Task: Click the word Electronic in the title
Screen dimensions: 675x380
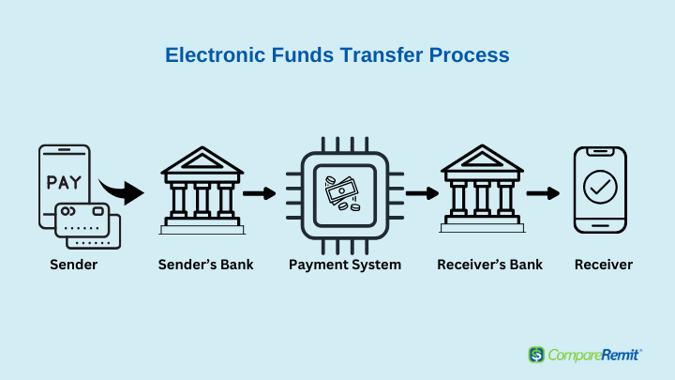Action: tap(215, 55)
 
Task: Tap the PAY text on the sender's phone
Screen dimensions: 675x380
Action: tap(64, 182)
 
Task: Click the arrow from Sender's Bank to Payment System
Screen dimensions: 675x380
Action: tap(259, 193)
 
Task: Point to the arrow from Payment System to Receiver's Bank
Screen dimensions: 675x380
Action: tap(422, 193)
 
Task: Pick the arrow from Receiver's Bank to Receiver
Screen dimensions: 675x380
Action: tap(543, 193)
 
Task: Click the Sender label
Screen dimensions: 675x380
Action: tap(74, 264)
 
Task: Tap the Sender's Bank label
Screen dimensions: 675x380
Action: tap(205, 264)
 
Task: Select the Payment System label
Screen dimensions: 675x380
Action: tap(345, 265)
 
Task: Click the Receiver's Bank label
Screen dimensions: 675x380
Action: tap(490, 264)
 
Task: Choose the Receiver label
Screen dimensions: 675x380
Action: tap(604, 264)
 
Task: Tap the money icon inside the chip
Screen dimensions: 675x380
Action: tap(342, 193)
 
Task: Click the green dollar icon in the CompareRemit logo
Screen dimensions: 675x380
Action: tap(536, 355)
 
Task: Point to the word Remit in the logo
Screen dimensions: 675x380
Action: tap(620, 355)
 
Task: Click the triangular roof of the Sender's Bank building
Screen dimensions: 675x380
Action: tap(202, 160)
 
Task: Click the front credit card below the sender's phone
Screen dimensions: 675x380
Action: tap(82, 220)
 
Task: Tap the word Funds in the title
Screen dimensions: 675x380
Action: tap(302, 55)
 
